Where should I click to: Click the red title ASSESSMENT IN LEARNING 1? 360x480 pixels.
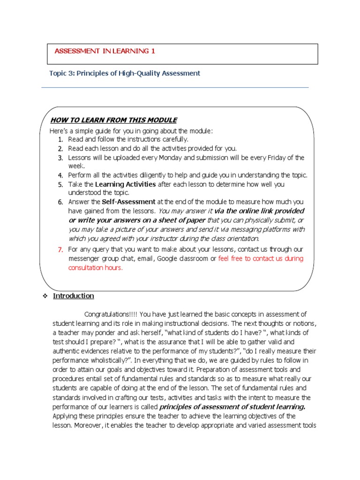click(105, 51)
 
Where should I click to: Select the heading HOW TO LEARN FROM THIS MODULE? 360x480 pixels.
click(113, 120)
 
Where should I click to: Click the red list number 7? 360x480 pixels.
click(60, 249)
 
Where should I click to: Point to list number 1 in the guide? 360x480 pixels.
click(60, 139)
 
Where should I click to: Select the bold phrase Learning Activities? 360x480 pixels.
click(125, 184)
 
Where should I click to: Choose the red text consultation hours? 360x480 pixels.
click(95, 268)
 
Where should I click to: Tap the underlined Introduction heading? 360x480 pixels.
click(73, 296)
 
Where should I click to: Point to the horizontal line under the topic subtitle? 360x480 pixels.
click(175, 88)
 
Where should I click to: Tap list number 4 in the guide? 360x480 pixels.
click(60, 175)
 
